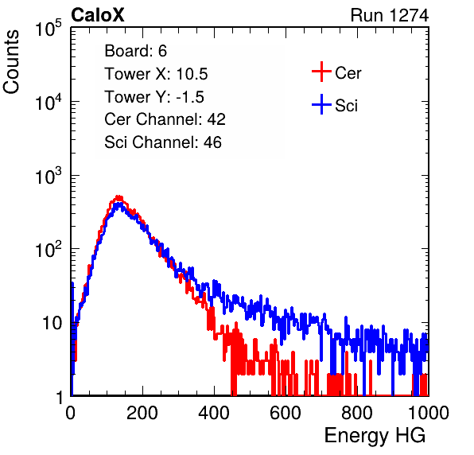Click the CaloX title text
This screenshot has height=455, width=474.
[97, 15]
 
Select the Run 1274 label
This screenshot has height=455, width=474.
[390, 15]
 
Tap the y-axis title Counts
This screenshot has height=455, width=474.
[11, 62]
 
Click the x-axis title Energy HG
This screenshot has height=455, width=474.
[375, 435]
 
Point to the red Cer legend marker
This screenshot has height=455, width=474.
[321, 72]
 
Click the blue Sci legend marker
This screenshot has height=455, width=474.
[321, 104]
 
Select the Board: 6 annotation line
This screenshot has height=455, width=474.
[135, 50]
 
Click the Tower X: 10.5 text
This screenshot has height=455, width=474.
[156, 74]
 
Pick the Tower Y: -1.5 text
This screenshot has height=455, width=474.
[154, 97]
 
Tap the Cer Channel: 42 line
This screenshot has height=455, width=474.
[165, 119]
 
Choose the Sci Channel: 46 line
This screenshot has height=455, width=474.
[163, 142]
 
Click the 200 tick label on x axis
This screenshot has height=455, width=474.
[142, 413]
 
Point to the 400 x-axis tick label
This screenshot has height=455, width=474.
[214, 413]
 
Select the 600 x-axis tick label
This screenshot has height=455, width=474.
[286, 413]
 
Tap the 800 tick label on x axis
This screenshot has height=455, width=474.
[357, 413]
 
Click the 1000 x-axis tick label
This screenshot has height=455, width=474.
[429, 413]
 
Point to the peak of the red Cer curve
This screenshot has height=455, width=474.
[119, 197]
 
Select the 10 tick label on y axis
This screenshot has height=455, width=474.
[52, 323]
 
